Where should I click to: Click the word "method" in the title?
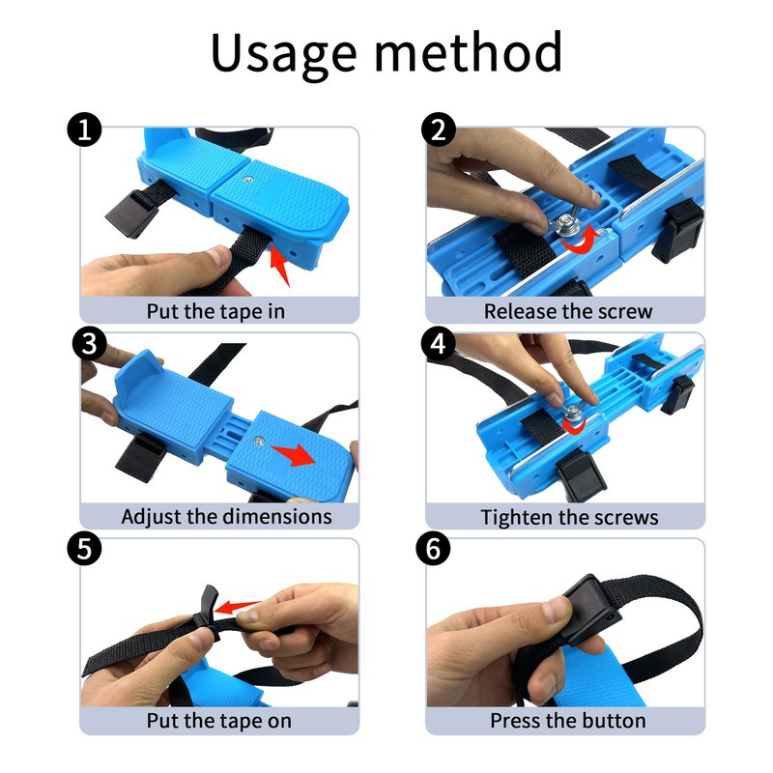(469, 51)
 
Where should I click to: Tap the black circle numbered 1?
(84, 130)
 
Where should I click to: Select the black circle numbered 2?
(439, 130)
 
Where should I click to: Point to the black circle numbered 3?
(89, 344)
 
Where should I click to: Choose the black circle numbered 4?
(439, 344)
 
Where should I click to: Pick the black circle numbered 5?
(84, 548)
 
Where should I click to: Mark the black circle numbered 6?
(433, 548)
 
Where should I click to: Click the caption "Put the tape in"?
(215, 311)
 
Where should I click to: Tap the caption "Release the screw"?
(568, 311)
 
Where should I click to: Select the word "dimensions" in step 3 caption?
(277, 517)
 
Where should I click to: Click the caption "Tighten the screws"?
(569, 518)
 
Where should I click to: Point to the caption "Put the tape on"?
(219, 721)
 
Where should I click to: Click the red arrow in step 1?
(279, 265)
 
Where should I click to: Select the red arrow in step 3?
(295, 454)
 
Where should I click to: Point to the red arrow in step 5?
(238, 607)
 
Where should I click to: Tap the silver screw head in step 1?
(248, 181)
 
